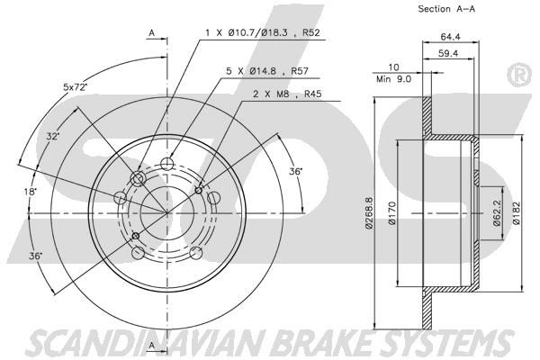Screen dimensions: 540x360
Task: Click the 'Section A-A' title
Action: click(446, 9)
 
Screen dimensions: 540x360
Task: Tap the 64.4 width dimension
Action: click(451, 37)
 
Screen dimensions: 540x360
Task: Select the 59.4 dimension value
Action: click(448, 53)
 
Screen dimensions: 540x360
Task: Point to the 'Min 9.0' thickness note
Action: click(393, 79)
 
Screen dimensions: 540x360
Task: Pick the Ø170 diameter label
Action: click(392, 213)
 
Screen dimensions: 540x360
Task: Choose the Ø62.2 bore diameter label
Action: click(496, 213)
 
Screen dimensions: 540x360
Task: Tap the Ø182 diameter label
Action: click(516, 213)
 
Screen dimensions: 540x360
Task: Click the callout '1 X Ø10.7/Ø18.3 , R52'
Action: click(263, 32)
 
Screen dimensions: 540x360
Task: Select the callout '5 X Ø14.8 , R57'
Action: click(267, 71)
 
